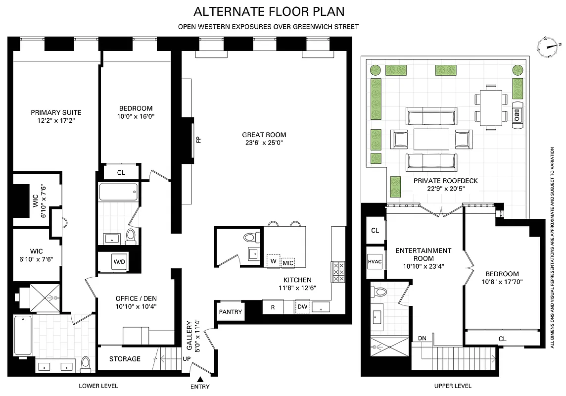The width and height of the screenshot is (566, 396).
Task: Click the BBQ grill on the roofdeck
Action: pos(517,115)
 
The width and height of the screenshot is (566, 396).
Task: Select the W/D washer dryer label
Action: pos(119,262)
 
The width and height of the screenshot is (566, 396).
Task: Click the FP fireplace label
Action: pos(198,140)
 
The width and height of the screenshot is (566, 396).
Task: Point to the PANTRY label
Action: pos(231,312)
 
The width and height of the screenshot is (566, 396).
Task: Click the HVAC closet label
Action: pos(375,261)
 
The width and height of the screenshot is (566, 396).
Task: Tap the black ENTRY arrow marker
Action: pos(200,379)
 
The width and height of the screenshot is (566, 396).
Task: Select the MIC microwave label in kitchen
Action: pos(288,262)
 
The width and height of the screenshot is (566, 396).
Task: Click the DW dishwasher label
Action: pos(302,307)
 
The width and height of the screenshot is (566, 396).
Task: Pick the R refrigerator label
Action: pos(273,307)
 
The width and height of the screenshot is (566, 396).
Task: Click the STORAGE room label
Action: pos(125,359)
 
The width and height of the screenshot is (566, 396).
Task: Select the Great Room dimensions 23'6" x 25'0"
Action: pos(264,143)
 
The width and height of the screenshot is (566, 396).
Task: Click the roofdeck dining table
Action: pos(491,107)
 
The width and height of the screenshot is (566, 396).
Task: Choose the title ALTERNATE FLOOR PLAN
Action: pos(269,11)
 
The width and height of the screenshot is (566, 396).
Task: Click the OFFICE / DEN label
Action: pos(136,298)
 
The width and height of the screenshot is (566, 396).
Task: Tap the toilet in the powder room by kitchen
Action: pos(250,237)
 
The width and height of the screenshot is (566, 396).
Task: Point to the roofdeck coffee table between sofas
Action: pos(431,139)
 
